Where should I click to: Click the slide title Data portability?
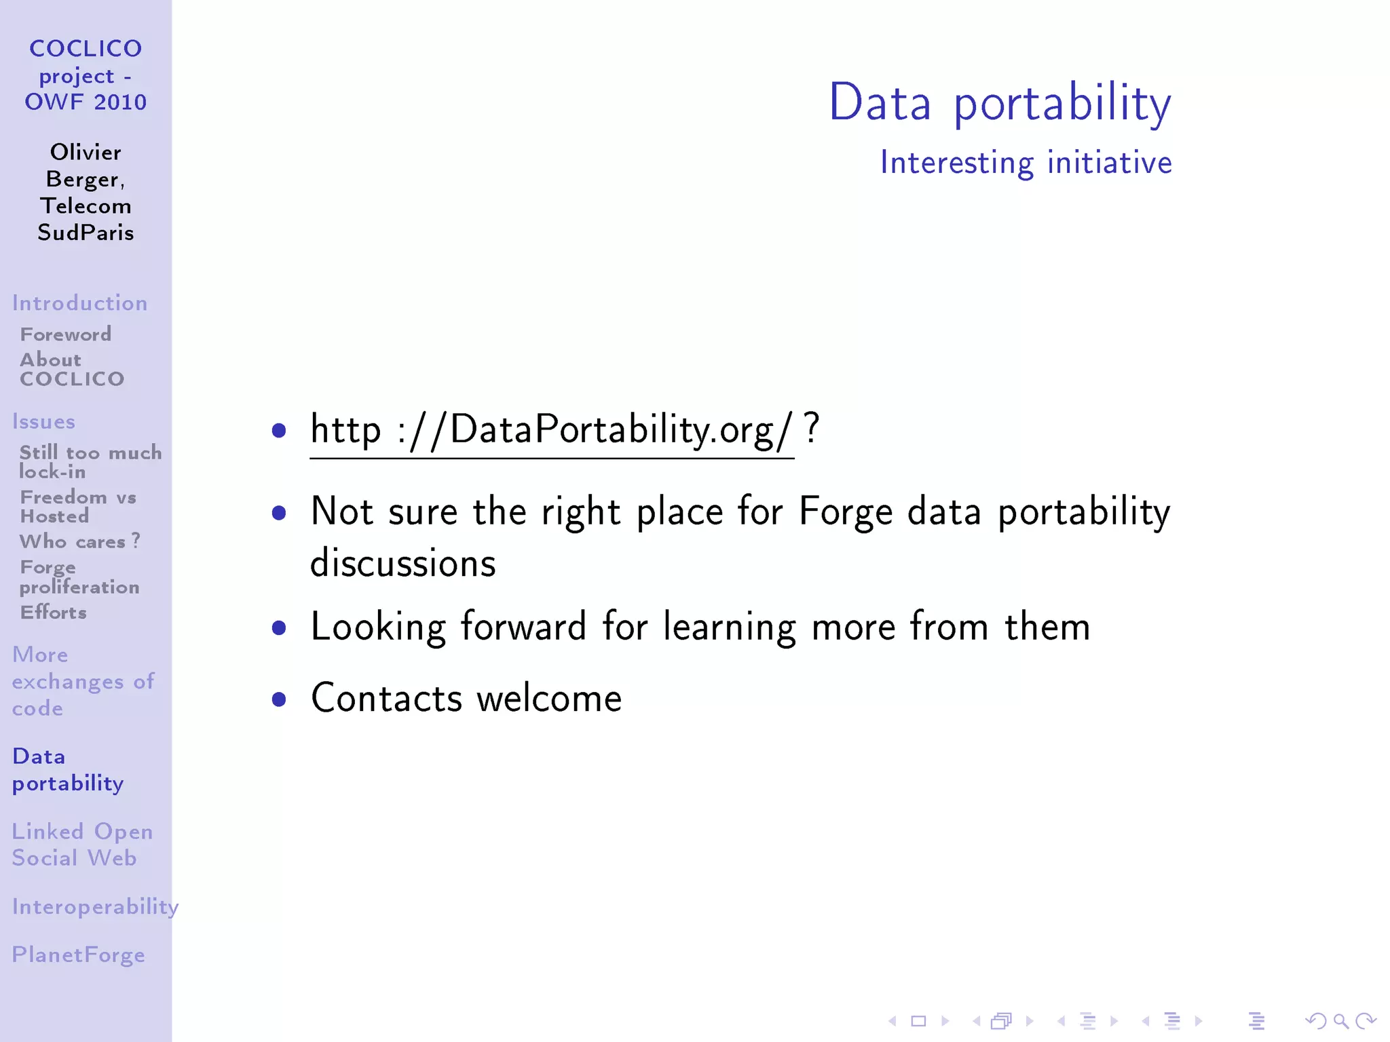tap(1000, 103)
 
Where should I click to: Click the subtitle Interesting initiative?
tap(1026, 163)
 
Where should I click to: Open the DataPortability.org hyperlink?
tap(551, 430)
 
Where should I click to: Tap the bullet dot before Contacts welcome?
tap(278, 699)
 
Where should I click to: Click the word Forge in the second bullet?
tap(845, 512)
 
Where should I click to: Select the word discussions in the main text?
tap(402, 564)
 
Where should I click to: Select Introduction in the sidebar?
tap(79, 303)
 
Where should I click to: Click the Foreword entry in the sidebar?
tap(65, 334)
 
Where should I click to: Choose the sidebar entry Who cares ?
tap(79, 541)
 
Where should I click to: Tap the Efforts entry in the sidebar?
tap(53, 613)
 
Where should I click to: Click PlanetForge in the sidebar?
tap(78, 955)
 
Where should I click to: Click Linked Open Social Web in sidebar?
tap(81, 845)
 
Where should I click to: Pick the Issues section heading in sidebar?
tap(43, 422)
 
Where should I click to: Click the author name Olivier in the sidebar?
tap(86, 153)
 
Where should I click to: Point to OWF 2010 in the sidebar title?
tap(86, 102)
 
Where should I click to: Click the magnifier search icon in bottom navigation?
tap(1340, 1021)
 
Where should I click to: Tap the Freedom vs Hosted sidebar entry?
tap(77, 507)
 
